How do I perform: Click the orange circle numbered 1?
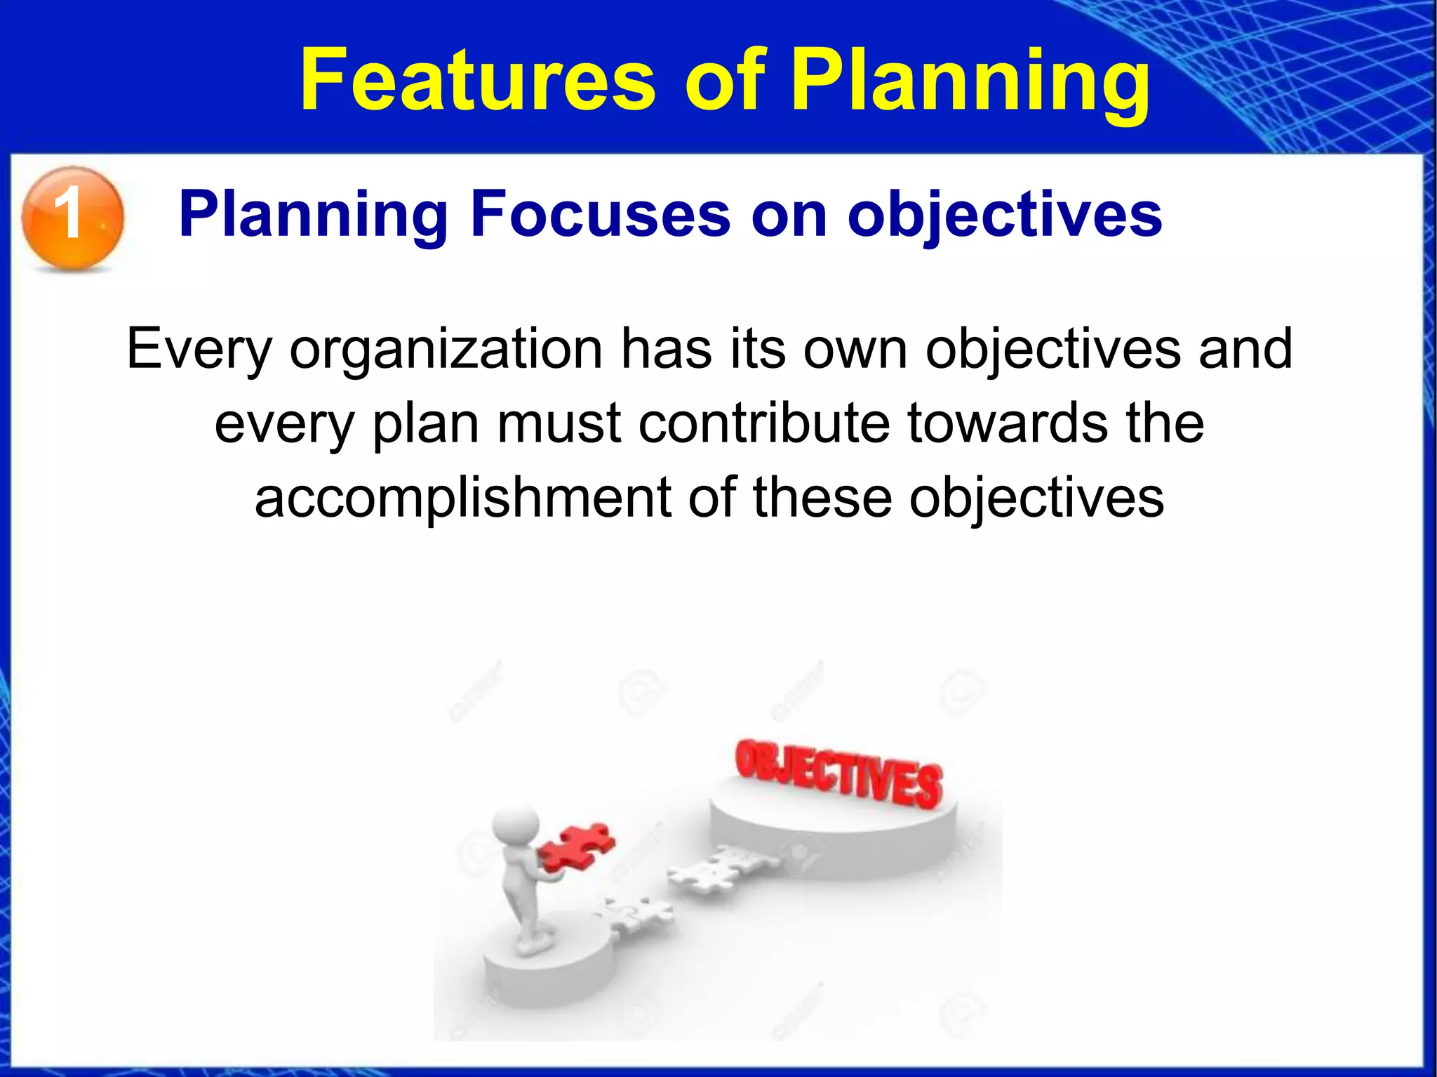72,217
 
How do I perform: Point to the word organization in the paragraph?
446,349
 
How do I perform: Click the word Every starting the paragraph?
199,349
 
